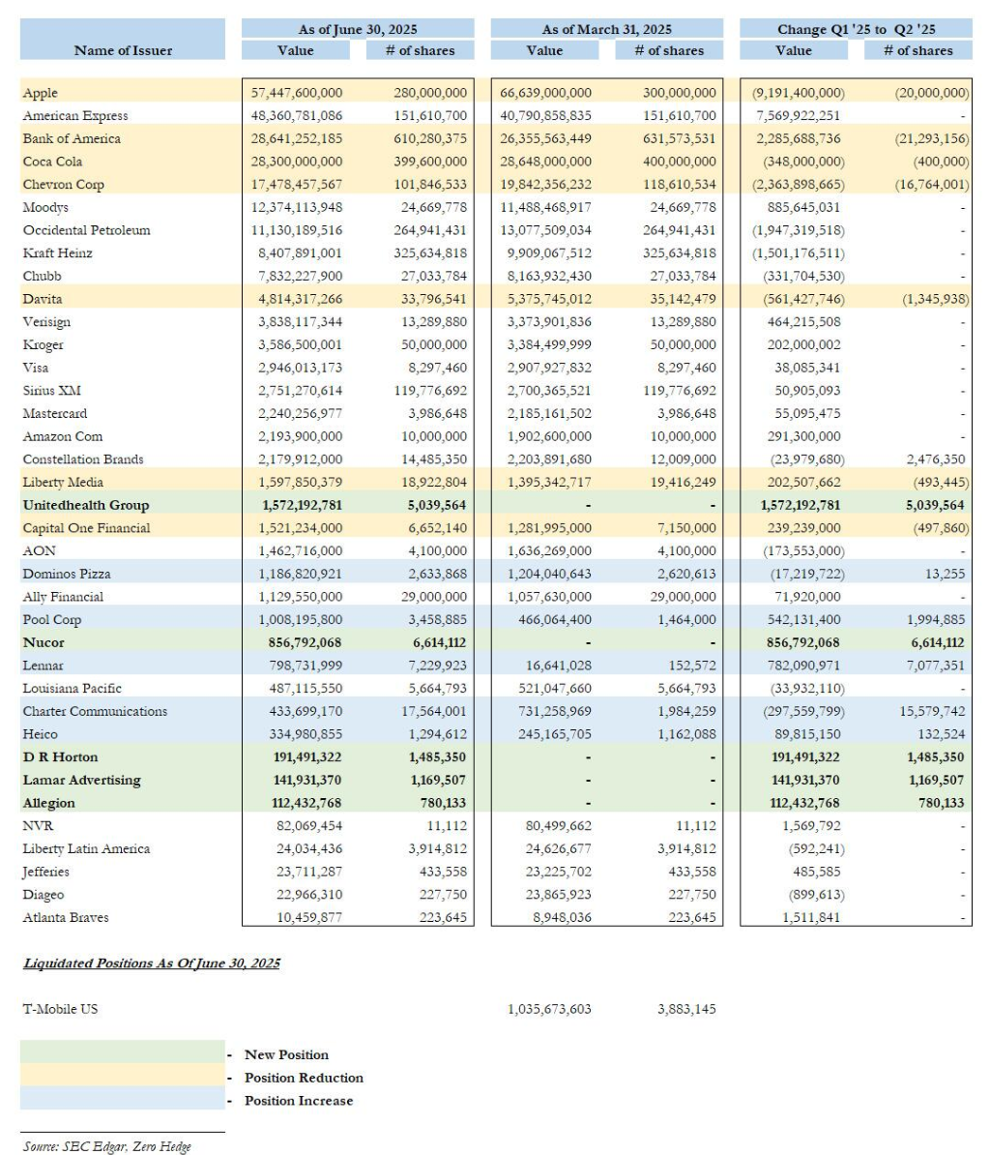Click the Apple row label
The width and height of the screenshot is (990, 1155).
(41, 93)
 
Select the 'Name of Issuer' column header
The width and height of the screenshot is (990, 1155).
(123, 50)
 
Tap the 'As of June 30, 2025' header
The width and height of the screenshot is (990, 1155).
(358, 29)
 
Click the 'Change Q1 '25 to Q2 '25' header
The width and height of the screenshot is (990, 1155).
(856, 29)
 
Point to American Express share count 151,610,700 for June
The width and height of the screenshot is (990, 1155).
(430, 116)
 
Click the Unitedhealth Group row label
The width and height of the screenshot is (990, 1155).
(86, 505)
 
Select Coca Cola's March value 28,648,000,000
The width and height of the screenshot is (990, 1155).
(545, 162)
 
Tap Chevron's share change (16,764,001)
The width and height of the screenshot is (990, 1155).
(927, 185)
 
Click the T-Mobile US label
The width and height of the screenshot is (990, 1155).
(60, 1009)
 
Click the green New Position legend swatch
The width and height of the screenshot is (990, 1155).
(122, 1054)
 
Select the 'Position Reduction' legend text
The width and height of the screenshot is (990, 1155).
(304, 1078)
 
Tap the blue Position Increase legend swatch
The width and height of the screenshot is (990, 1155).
(122, 1101)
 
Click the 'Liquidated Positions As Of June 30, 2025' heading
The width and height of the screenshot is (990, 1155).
(152, 963)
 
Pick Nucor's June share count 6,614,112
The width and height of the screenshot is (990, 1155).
(430, 642)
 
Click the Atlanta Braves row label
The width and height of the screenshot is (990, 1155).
(66, 917)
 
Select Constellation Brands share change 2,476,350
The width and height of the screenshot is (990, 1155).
(935, 459)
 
